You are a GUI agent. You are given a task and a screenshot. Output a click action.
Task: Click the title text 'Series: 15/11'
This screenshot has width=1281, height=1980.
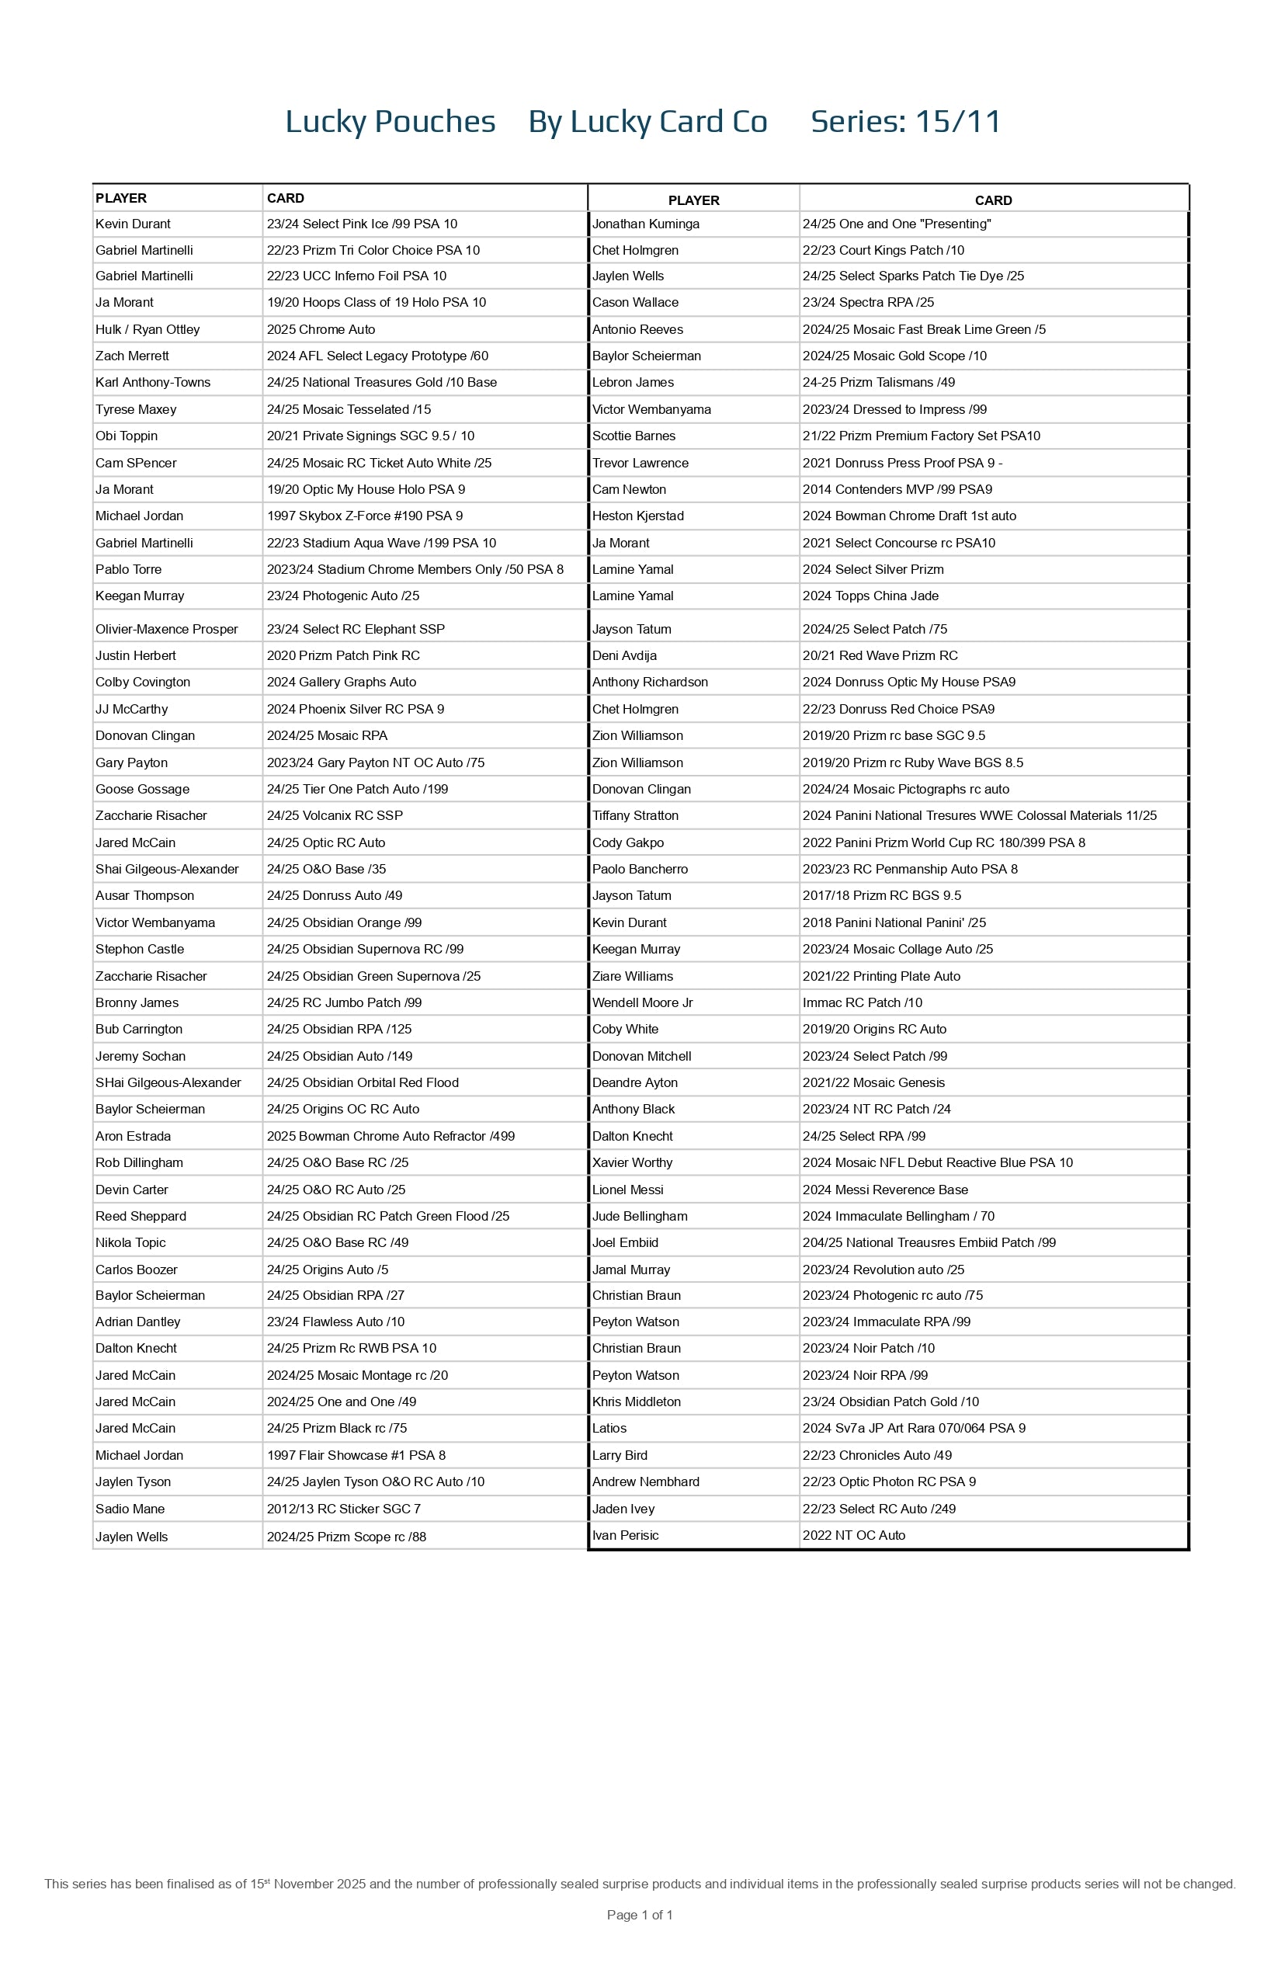pos(905,121)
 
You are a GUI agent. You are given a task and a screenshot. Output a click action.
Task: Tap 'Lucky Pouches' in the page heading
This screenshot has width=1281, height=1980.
pos(390,121)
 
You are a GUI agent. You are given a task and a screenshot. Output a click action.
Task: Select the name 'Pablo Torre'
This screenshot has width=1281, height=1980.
pos(128,569)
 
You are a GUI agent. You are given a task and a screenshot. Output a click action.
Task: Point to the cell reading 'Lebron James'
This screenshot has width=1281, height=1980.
pos(633,382)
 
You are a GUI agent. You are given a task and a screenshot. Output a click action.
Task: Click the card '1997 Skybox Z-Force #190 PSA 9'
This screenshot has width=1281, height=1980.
pos(364,516)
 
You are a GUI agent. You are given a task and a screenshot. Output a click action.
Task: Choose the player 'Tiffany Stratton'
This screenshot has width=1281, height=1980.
pos(635,815)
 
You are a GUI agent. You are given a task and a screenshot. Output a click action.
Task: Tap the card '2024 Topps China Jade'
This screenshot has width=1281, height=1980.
pos(870,596)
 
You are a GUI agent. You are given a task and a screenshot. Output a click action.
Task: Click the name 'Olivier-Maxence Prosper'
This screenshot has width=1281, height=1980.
pos(166,629)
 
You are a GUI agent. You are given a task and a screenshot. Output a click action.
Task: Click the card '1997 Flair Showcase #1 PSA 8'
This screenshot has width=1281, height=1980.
pos(356,1455)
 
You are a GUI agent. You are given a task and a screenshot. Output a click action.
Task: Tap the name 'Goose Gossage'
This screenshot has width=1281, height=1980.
pos(142,789)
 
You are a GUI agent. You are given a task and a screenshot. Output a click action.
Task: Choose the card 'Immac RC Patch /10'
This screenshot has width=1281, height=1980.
pos(862,1002)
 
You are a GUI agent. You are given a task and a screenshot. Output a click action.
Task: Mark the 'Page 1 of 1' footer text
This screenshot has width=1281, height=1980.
pos(640,1914)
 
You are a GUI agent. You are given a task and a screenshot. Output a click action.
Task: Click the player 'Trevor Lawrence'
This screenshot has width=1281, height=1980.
pos(640,463)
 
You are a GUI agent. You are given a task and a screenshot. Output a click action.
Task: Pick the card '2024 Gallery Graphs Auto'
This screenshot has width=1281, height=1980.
pos(341,683)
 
